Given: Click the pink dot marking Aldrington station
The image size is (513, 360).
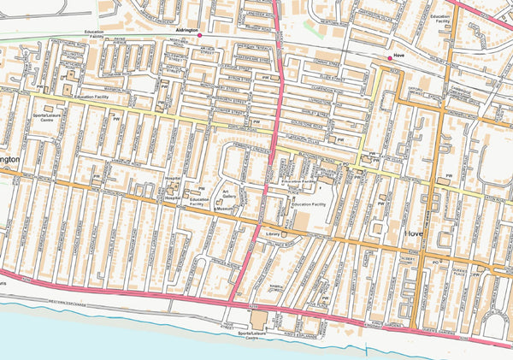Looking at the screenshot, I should pyautogui.click(x=199, y=36).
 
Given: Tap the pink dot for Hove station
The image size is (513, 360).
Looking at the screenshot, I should pyautogui.click(x=390, y=58).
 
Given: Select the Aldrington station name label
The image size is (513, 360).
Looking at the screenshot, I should pyautogui.click(x=186, y=30).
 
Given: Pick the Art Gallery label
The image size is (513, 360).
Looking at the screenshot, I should pyautogui.click(x=229, y=195).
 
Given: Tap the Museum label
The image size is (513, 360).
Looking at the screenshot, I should pyautogui.click(x=225, y=209).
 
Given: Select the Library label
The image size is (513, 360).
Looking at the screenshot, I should pyautogui.click(x=274, y=233).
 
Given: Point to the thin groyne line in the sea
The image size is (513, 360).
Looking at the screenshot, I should pyautogui.click(x=369, y=351).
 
